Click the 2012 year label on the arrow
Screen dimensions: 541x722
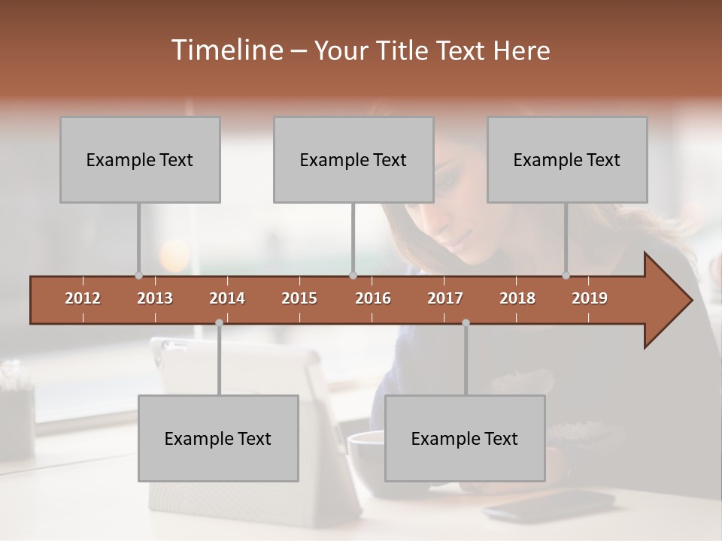pos(83,298)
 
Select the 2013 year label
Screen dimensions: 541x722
pos(155,298)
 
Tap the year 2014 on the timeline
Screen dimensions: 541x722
pos(227,298)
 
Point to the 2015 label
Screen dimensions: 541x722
pos(299,298)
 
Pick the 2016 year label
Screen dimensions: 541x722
pos(373,298)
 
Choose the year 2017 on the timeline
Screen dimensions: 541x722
pos(445,298)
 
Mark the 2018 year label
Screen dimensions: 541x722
pos(517,298)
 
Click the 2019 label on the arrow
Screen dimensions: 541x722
pos(590,298)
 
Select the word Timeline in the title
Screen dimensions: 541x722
pos(226,50)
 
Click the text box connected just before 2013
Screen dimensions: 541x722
pos(140,160)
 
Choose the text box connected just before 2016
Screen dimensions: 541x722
pos(353,160)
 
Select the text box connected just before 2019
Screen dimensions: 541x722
pos(567,160)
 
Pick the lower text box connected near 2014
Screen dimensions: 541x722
pos(218,439)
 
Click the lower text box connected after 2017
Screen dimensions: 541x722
pos(465,439)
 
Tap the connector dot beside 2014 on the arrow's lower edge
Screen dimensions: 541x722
pos(219,322)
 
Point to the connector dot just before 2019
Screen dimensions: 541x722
pos(566,275)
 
